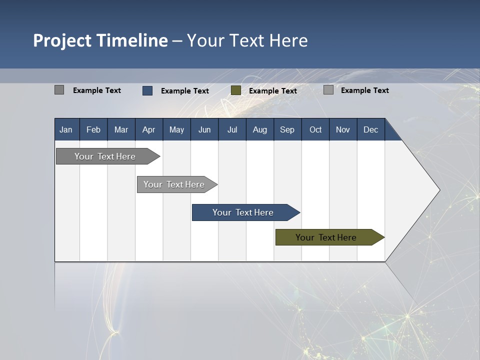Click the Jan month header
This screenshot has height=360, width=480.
point(66,129)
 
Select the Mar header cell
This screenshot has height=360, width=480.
point(121,129)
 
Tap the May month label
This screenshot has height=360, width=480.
point(176,129)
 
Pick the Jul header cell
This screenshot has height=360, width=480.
point(232,129)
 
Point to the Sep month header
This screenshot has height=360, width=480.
point(287,129)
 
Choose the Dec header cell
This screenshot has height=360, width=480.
point(370,129)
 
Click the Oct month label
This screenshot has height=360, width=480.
point(315,129)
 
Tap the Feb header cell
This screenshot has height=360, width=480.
point(93,129)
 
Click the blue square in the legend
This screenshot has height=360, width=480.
point(147,90)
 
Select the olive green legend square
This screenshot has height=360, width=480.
point(236,90)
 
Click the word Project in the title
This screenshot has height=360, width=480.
point(62,40)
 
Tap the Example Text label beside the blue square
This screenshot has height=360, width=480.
point(184,91)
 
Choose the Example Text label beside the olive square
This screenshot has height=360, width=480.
point(272,91)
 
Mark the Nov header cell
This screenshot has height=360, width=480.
point(343,129)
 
